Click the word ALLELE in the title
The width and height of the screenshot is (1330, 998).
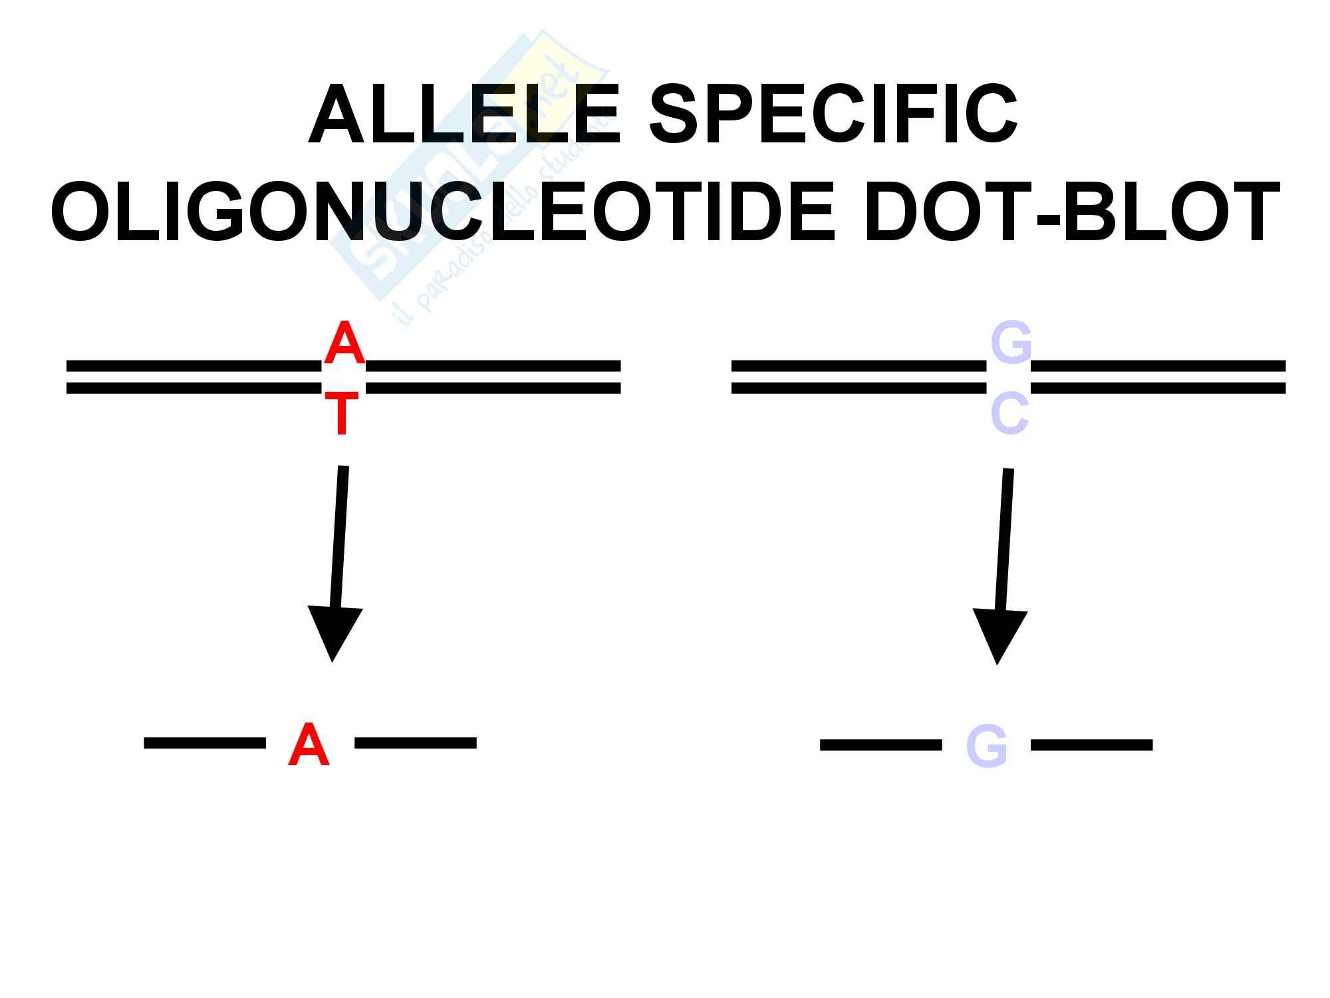click(464, 115)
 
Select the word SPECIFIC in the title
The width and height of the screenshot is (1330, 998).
click(833, 115)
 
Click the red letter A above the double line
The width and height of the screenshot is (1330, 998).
click(344, 343)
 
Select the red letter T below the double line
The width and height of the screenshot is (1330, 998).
click(342, 414)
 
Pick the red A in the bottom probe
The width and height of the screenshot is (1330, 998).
click(309, 745)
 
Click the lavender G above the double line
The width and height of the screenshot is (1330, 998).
click(1010, 343)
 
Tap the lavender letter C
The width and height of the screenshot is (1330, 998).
click(1009, 414)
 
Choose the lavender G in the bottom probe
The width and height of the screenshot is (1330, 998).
click(986, 747)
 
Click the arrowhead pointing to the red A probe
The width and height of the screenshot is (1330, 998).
click(334, 632)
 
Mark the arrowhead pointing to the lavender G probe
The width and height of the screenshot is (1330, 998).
click(999, 634)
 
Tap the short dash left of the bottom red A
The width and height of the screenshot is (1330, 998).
click(205, 743)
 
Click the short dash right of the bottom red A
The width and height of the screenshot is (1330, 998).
click(416, 743)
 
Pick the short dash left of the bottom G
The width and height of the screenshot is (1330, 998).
click(880, 745)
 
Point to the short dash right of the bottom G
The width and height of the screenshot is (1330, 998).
click(1091, 745)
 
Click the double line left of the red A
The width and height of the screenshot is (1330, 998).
click(193, 377)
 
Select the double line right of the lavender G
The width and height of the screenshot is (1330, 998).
click(1158, 377)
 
